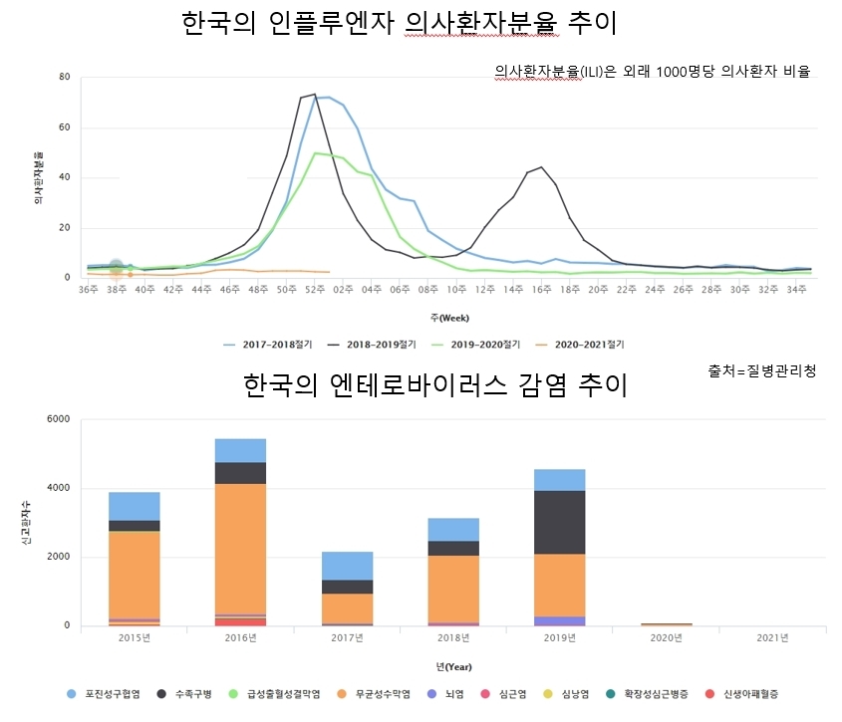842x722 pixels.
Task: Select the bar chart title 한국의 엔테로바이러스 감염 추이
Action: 434,384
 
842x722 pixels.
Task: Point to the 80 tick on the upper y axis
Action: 64,77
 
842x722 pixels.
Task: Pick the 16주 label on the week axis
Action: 540,289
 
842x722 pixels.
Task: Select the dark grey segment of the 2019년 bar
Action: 559,522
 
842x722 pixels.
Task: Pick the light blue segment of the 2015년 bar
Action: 135,506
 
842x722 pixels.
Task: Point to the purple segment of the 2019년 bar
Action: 559,620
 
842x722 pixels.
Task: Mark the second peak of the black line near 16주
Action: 541,167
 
